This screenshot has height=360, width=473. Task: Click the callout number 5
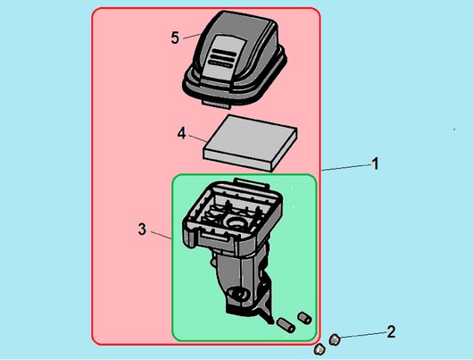(x=175, y=38)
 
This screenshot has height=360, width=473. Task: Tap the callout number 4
(x=181, y=133)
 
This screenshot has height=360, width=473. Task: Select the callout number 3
(x=142, y=230)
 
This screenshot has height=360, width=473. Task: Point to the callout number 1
(x=375, y=164)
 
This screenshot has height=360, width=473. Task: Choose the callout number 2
(x=391, y=331)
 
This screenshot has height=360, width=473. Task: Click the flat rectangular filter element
(x=251, y=143)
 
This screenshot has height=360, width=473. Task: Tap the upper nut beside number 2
(x=335, y=340)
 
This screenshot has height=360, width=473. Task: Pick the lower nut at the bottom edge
(x=319, y=349)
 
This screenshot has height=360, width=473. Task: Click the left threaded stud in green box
(x=286, y=325)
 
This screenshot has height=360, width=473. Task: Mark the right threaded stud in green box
(x=304, y=318)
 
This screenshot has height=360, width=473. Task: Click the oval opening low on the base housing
(x=238, y=294)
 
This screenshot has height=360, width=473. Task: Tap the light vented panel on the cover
(x=222, y=57)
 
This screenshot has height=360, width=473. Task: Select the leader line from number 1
(x=346, y=167)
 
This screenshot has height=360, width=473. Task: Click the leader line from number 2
(x=363, y=335)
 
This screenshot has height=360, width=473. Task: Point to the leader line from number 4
(x=197, y=139)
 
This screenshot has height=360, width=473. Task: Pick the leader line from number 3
(x=162, y=236)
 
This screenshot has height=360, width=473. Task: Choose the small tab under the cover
(x=216, y=104)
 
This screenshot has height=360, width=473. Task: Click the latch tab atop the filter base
(x=251, y=183)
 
